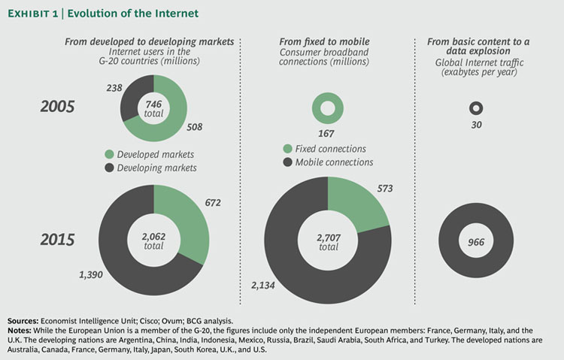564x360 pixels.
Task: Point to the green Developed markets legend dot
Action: [x=110, y=155]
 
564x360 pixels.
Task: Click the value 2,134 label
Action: [x=265, y=287]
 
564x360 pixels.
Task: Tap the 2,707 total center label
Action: [x=329, y=242]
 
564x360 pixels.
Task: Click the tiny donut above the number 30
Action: [x=475, y=109]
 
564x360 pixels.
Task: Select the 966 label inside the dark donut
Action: [x=475, y=242]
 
